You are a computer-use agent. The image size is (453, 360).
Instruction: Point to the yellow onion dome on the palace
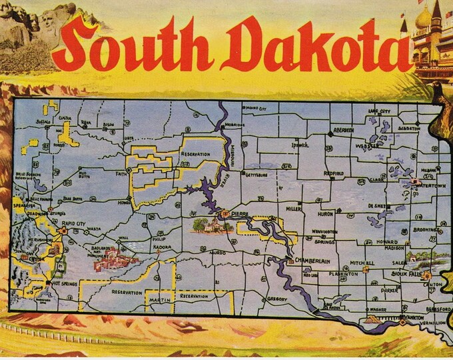pyautogui.click(x=423, y=19)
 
